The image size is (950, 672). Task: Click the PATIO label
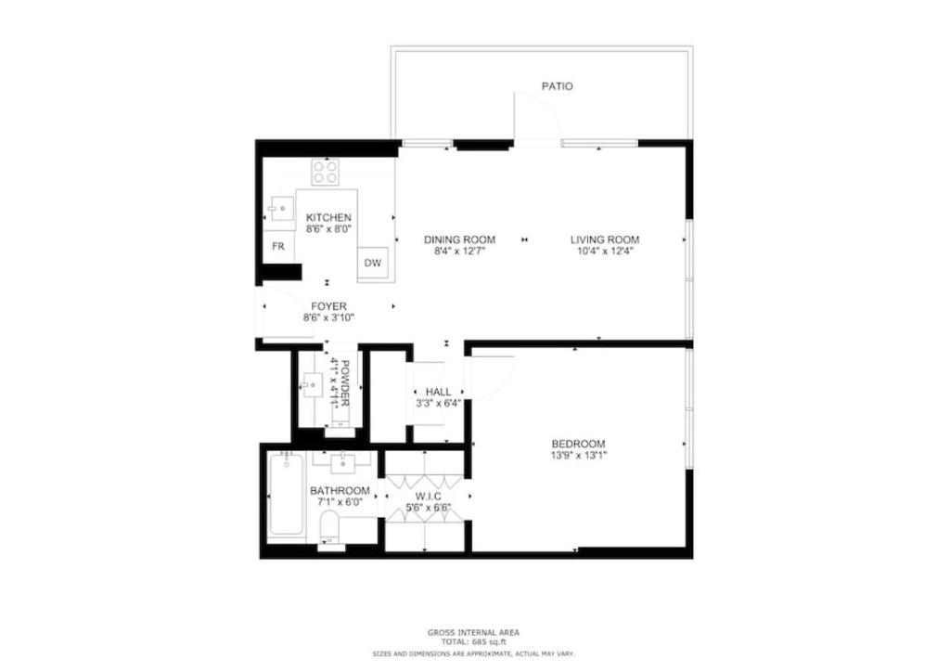(x=557, y=86)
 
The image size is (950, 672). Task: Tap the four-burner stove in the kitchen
(x=325, y=172)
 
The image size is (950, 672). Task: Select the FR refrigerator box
(x=278, y=247)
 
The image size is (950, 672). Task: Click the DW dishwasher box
(x=373, y=263)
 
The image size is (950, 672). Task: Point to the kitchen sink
(x=280, y=209)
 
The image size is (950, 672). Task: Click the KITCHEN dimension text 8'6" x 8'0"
(x=328, y=229)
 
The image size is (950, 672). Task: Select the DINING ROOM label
(x=459, y=239)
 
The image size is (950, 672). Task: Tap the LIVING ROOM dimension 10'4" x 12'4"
(x=605, y=251)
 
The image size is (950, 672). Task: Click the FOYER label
(x=328, y=306)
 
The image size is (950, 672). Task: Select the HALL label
(x=438, y=392)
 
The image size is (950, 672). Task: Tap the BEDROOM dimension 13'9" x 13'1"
(x=578, y=455)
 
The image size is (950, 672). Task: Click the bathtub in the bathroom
(x=286, y=495)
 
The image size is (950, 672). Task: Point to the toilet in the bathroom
(x=330, y=528)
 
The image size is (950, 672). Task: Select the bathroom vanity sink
(x=343, y=461)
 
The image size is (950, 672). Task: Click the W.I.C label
(x=428, y=497)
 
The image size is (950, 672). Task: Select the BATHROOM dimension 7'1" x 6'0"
(x=340, y=502)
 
